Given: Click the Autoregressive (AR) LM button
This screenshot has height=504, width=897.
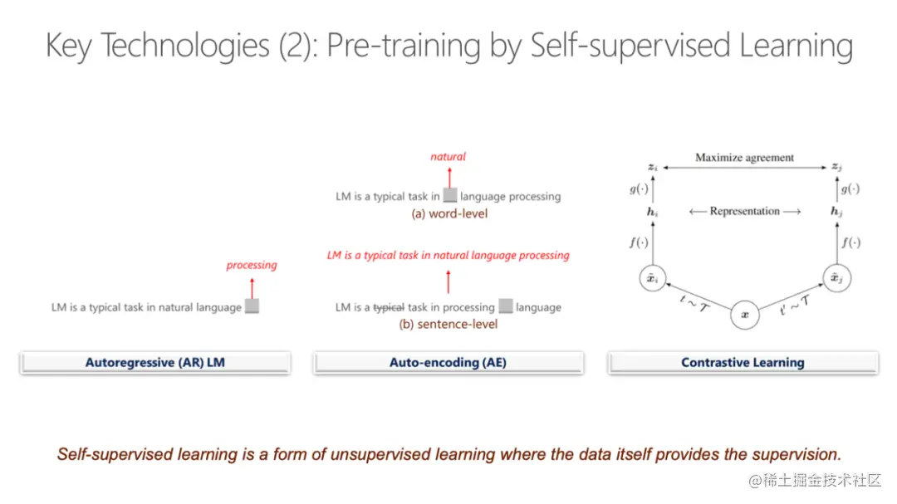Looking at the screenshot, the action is coord(155,363).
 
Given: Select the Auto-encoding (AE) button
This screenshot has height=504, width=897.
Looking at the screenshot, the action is coord(448,363).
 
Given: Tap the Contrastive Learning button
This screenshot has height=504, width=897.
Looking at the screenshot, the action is coord(743,363).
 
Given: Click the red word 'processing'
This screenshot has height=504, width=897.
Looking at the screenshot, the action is coord(251,266).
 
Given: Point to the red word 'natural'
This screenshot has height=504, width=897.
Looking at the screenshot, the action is coord(448,156).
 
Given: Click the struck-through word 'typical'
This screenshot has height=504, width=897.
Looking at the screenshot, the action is coord(389,308).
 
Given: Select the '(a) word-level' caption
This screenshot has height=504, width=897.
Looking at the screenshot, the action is coord(449,214).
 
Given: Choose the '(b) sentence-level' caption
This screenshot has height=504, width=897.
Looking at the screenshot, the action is coord(448,325).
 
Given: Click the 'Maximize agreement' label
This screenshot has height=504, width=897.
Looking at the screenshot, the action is coord(744,157).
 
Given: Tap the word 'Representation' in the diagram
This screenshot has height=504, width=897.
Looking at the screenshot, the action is coord(744,211).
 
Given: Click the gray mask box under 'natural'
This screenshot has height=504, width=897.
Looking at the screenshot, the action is coord(450,195).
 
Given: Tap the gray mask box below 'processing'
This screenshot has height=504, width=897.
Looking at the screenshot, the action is coord(252,306).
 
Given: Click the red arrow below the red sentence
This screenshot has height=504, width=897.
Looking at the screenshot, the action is coord(448,282).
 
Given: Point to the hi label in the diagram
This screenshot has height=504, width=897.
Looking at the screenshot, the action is coord(652,213).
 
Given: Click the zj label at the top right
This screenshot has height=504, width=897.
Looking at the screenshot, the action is coord(836,167).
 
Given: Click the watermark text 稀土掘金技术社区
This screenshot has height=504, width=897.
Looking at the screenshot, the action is coord(822,480).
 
